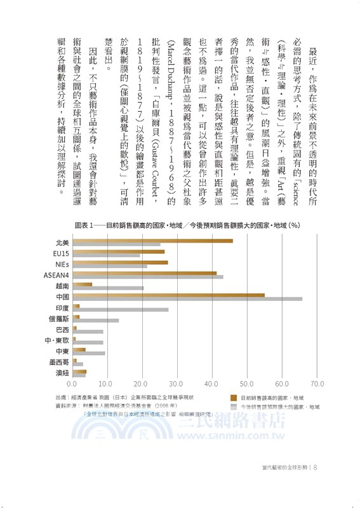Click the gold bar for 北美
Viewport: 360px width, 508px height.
(152, 241)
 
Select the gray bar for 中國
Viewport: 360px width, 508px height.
(187, 298)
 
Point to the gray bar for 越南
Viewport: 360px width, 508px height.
(108, 288)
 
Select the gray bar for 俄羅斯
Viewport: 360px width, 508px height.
(96, 320)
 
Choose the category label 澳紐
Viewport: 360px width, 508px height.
(61, 374)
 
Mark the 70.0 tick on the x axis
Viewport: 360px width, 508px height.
(317, 384)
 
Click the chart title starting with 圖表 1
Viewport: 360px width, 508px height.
(187, 225)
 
